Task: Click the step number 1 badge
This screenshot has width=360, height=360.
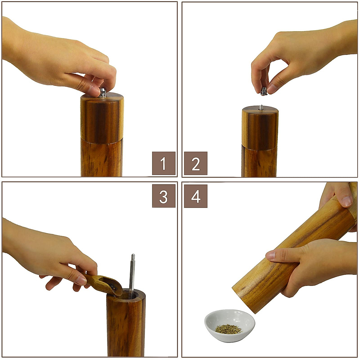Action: click(163, 163)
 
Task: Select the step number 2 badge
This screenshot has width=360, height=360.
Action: click(196, 163)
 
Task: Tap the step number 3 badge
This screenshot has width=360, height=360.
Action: click(163, 196)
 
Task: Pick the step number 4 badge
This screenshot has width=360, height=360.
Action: click(196, 196)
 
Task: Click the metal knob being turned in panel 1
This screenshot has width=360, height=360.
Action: click(103, 93)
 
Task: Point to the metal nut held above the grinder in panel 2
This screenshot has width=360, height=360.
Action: click(264, 91)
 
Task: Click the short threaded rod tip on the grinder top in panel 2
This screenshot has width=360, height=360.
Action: click(261, 107)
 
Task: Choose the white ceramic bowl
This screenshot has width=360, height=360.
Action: click(229, 325)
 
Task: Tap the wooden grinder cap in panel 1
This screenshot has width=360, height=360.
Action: click(102, 118)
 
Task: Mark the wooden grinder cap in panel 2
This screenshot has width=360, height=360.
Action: click(260, 127)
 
